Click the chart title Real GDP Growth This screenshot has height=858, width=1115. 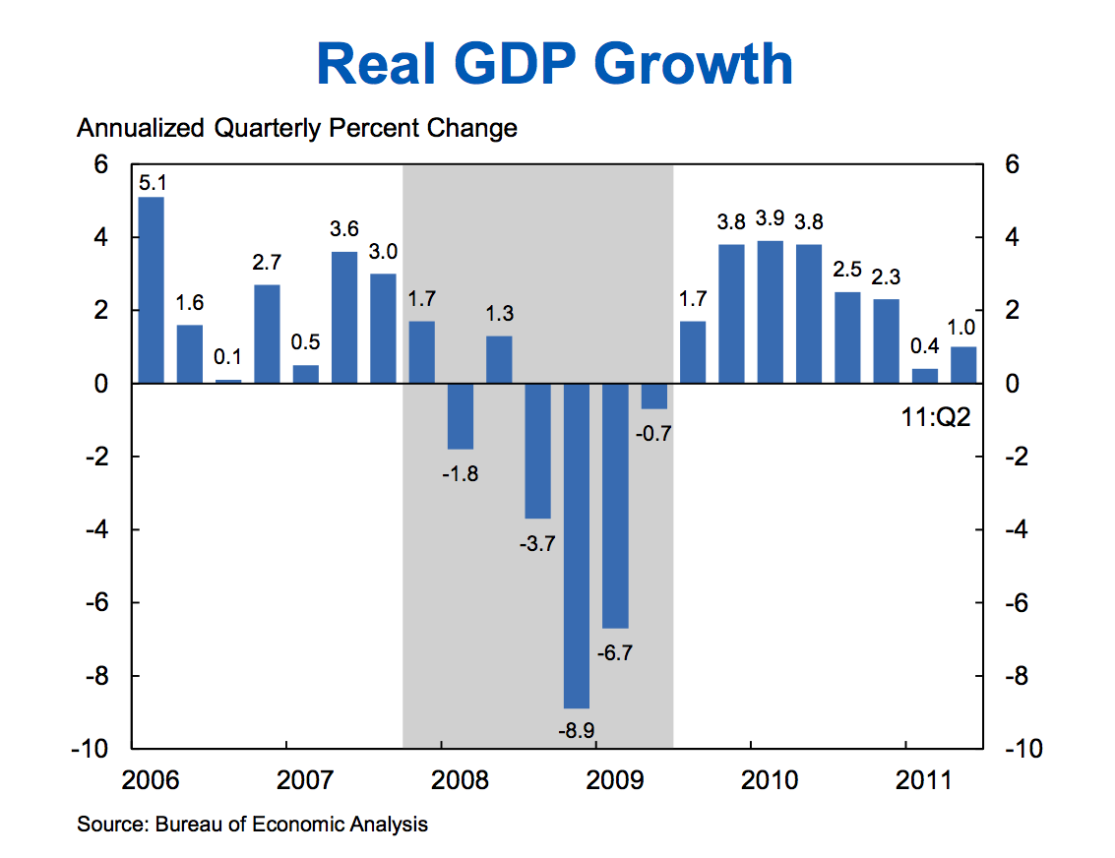[x=556, y=64]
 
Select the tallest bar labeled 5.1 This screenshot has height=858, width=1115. [x=151, y=289]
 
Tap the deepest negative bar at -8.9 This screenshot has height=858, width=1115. [x=577, y=545]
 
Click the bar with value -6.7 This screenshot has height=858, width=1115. [x=615, y=505]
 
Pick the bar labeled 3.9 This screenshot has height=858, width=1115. [x=770, y=312]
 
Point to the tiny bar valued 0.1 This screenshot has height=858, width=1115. [x=228, y=381]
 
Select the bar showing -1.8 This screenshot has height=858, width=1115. [x=461, y=416]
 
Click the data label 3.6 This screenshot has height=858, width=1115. [x=344, y=230]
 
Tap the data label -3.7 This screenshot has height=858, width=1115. [x=537, y=541]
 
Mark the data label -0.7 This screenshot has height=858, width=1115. [x=653, y=432]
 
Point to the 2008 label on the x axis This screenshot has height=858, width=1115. [x=441, y=781]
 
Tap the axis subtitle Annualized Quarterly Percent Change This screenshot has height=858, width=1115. [x=297, y=128]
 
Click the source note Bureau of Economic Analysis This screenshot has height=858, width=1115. [x=252, y=825]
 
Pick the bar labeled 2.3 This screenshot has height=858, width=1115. [x=886, y=341]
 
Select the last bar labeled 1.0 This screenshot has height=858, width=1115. [x=963, y=365]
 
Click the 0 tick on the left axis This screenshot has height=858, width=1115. [x=101, y=384]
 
